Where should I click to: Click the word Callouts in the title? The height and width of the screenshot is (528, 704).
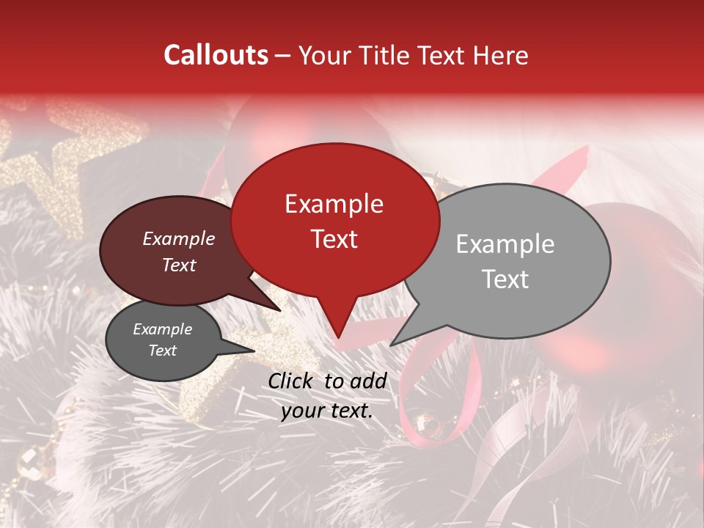tap(216, 55)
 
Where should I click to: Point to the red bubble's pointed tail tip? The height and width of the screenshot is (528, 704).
tap(337, 338)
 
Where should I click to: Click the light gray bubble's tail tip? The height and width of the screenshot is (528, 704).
tap(391, 345)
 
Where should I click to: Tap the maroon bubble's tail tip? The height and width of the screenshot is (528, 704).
tap(280, 311)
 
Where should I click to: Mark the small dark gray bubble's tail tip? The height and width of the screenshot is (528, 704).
tap(254, 351)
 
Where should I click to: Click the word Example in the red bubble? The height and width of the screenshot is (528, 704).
tap(334, 204)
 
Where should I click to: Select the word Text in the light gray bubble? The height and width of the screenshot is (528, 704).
tap(505, 279)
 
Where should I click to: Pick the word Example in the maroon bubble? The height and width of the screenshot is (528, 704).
tap(178, 239)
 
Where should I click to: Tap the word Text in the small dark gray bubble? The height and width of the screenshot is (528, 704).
tap(162, 351)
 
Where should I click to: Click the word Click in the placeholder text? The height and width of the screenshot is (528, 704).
tap(290, 381)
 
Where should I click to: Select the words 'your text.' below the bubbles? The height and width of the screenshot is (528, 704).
tap(327, 411)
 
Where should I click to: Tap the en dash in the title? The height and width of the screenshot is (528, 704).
tap(283, 56)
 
